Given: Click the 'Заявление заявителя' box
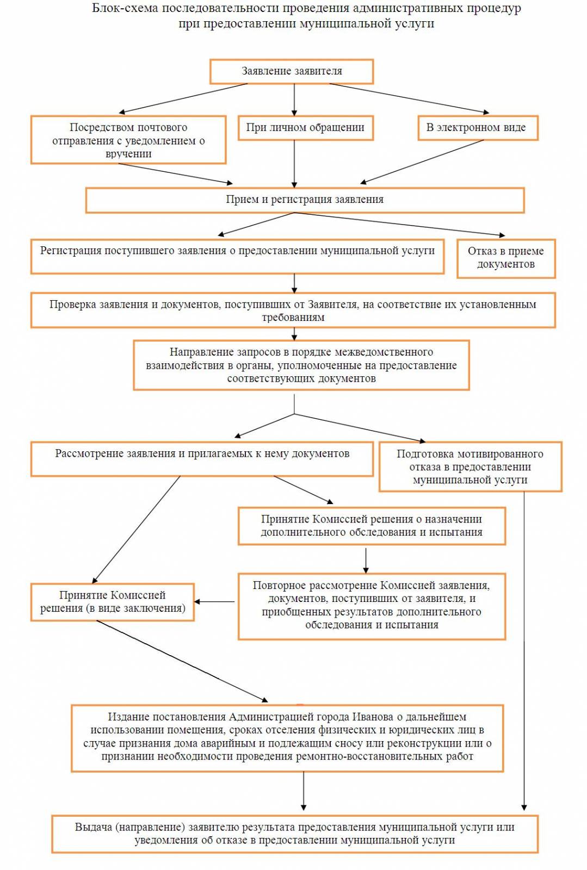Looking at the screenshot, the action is (292, 71).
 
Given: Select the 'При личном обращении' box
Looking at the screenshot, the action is (305, 128).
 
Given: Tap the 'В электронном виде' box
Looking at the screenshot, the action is (478, 128).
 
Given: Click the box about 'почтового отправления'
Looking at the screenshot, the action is (128, 140).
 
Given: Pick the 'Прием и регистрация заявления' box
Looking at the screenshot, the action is (305, 201).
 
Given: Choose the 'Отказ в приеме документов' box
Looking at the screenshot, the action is (506, 259).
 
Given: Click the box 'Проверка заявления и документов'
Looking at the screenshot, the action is (293, 310).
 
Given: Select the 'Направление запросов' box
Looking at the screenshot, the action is (301, 365).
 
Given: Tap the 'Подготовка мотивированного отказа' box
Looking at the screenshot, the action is (471, 467).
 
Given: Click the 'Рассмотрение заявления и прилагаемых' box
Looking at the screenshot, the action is (202, 459).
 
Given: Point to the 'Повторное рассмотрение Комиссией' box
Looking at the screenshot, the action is (372, 606).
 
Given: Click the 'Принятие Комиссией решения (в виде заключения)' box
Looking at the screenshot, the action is (112, 602).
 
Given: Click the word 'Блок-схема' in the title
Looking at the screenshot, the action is (125, 9).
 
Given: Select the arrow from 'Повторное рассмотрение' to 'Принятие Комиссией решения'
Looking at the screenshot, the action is (214, 601).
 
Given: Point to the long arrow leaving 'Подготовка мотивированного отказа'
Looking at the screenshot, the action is (524, 651).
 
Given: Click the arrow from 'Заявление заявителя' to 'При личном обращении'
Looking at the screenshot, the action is (294, 100).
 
